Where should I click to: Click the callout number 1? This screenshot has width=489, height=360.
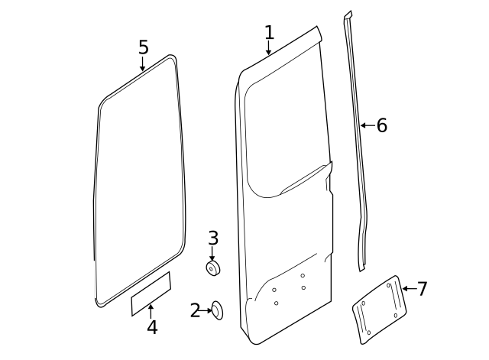point(269,32)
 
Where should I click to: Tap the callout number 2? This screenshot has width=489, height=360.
point(195,310)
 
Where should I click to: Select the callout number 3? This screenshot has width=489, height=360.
point(213,238)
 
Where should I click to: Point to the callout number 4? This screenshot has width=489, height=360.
point(152,328)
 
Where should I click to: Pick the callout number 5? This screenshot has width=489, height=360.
point(143,47)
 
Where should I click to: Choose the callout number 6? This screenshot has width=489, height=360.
point(382,125)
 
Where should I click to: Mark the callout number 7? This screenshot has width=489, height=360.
point(422,289)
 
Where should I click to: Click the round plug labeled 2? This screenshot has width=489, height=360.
point(218,310)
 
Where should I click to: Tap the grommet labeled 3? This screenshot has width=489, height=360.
point(212,268)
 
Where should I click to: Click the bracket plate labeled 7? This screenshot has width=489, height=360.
point(378,309)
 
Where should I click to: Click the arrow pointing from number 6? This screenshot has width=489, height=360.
point(366,125)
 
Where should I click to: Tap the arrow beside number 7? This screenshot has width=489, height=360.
point(407,289)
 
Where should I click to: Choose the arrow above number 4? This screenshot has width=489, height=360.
point(151,310)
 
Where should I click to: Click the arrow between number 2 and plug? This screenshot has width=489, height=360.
point(206,310)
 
